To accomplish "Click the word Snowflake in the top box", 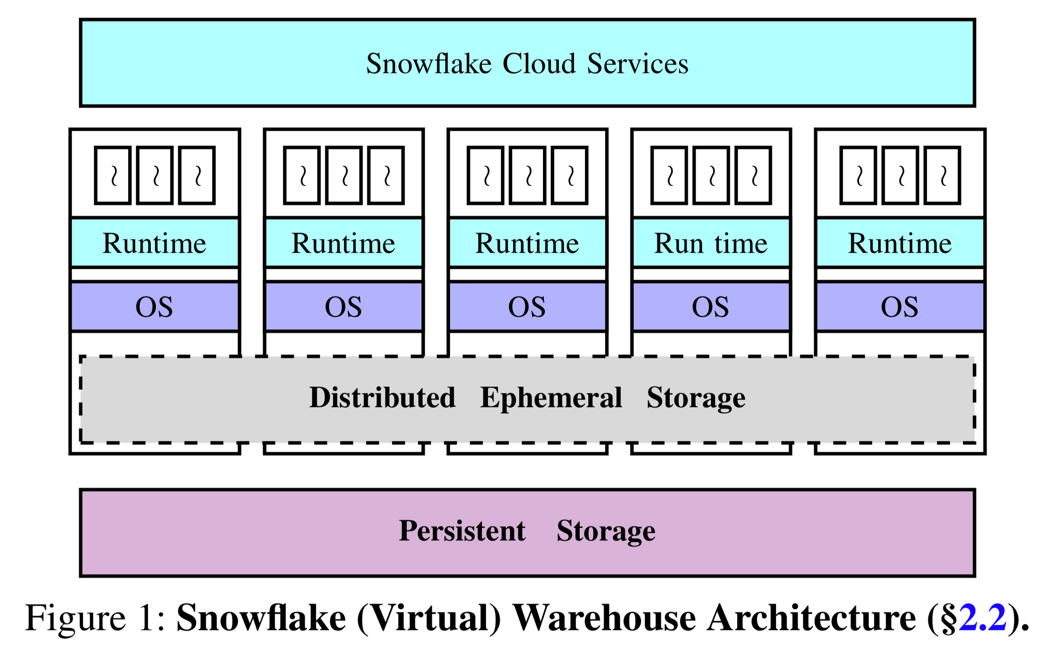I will click(429, 64).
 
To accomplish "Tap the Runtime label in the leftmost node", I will click(154, 243).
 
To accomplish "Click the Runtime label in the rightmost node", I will click(899, 243).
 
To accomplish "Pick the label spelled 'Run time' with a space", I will click(710, 243).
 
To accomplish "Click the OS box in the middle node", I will click(527, 307).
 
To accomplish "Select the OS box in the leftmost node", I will click(154, 307).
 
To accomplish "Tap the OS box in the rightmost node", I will click(899, 307).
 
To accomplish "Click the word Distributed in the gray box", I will click(382, 397).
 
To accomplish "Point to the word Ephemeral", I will click(551, 397).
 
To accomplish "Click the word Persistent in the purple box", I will click(462, 530).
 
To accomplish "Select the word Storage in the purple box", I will click(605, 531).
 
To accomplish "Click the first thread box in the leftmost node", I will click(113, 175).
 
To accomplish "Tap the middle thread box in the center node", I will click(527, 175).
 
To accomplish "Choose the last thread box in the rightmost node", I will click(942, 175).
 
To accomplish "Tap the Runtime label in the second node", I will click(343, 243).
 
